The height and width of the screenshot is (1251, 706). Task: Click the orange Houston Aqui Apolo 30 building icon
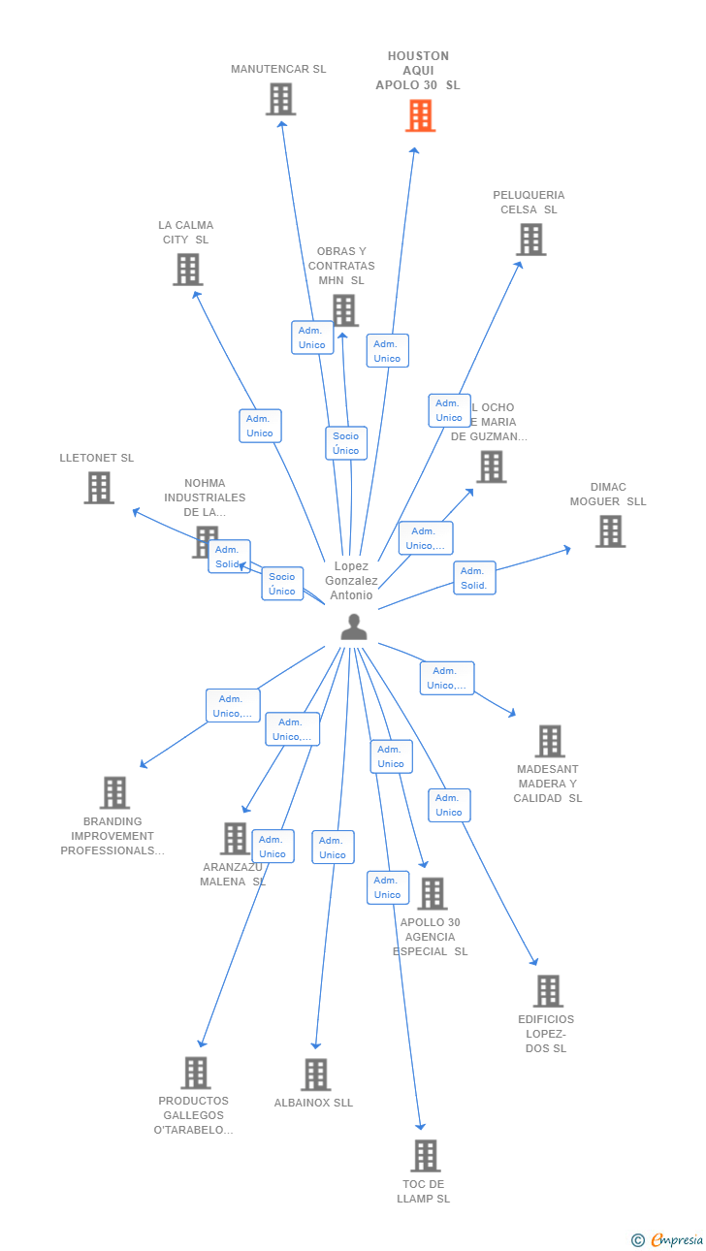(x=420, y=116)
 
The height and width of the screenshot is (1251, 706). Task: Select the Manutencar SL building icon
(x=280, y=99)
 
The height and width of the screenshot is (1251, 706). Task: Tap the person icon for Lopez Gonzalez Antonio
(x=354, y=627)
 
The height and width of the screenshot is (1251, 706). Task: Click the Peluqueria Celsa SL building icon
(x=530, y=240)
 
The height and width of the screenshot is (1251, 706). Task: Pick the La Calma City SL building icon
(x=188, y=270)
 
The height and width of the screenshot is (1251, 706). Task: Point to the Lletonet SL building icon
(x=99, y=488)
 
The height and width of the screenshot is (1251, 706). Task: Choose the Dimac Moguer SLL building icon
(x=610, y=531)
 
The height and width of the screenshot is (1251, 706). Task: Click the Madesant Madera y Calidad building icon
(x=550, y=741)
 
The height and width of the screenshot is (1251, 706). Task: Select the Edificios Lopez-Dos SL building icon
(x=548, y=991)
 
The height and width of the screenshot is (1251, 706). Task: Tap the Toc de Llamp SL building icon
(x=425, y=1156)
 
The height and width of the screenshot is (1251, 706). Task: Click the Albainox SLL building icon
(x=315, y=1075)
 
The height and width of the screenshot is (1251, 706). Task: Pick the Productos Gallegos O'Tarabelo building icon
(x=196, y=1073)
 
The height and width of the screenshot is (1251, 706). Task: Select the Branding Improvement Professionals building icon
(x=114, y=792)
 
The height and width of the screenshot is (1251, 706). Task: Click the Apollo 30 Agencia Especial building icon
(x=432, y=893)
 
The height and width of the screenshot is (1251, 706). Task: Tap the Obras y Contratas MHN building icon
(x=344, y=310)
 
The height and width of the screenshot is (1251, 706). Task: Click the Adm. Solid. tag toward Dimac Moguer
(x=474, y=578)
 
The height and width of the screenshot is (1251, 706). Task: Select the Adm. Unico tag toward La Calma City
(x=260, y=426)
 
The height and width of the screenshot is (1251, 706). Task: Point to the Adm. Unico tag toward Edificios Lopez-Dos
(x=449, y=805)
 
